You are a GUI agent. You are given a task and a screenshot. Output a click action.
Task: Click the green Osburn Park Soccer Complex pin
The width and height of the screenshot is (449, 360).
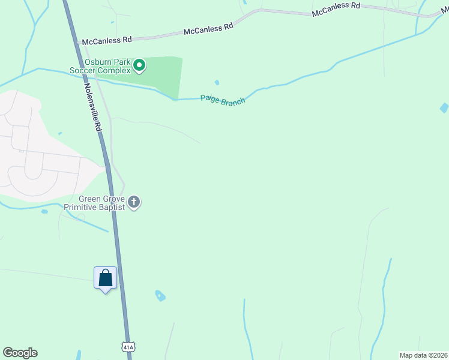point(139,65)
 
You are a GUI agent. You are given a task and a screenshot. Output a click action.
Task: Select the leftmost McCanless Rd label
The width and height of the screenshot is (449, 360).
point(107,40)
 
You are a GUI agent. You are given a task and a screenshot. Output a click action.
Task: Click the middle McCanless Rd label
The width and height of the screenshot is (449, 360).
point(208,28)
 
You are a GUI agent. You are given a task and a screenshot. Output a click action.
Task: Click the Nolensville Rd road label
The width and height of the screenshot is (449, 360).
point(92,105)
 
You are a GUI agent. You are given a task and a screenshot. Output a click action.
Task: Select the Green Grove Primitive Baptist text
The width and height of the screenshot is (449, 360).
point(101,203)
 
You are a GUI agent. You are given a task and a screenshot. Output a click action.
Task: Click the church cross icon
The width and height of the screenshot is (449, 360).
point(134,202)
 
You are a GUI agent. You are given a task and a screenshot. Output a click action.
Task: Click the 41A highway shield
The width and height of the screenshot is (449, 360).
point(128,347)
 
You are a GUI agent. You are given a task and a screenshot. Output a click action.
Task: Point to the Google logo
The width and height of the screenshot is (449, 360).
point(20,353)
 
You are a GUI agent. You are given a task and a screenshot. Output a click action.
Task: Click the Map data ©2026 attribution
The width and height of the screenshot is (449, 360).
point(423,355)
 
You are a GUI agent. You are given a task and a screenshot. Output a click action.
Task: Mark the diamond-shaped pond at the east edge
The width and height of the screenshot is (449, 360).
point(444,108)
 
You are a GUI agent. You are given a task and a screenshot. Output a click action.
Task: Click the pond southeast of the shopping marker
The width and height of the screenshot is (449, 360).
point(160,295)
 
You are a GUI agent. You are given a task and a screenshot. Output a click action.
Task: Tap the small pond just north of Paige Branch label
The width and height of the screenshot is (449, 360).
point(217,83)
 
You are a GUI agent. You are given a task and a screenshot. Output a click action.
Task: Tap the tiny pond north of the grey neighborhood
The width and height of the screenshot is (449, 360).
point(59,133)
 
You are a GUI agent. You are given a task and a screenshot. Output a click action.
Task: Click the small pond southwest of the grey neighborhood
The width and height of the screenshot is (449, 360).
point(44,211)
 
